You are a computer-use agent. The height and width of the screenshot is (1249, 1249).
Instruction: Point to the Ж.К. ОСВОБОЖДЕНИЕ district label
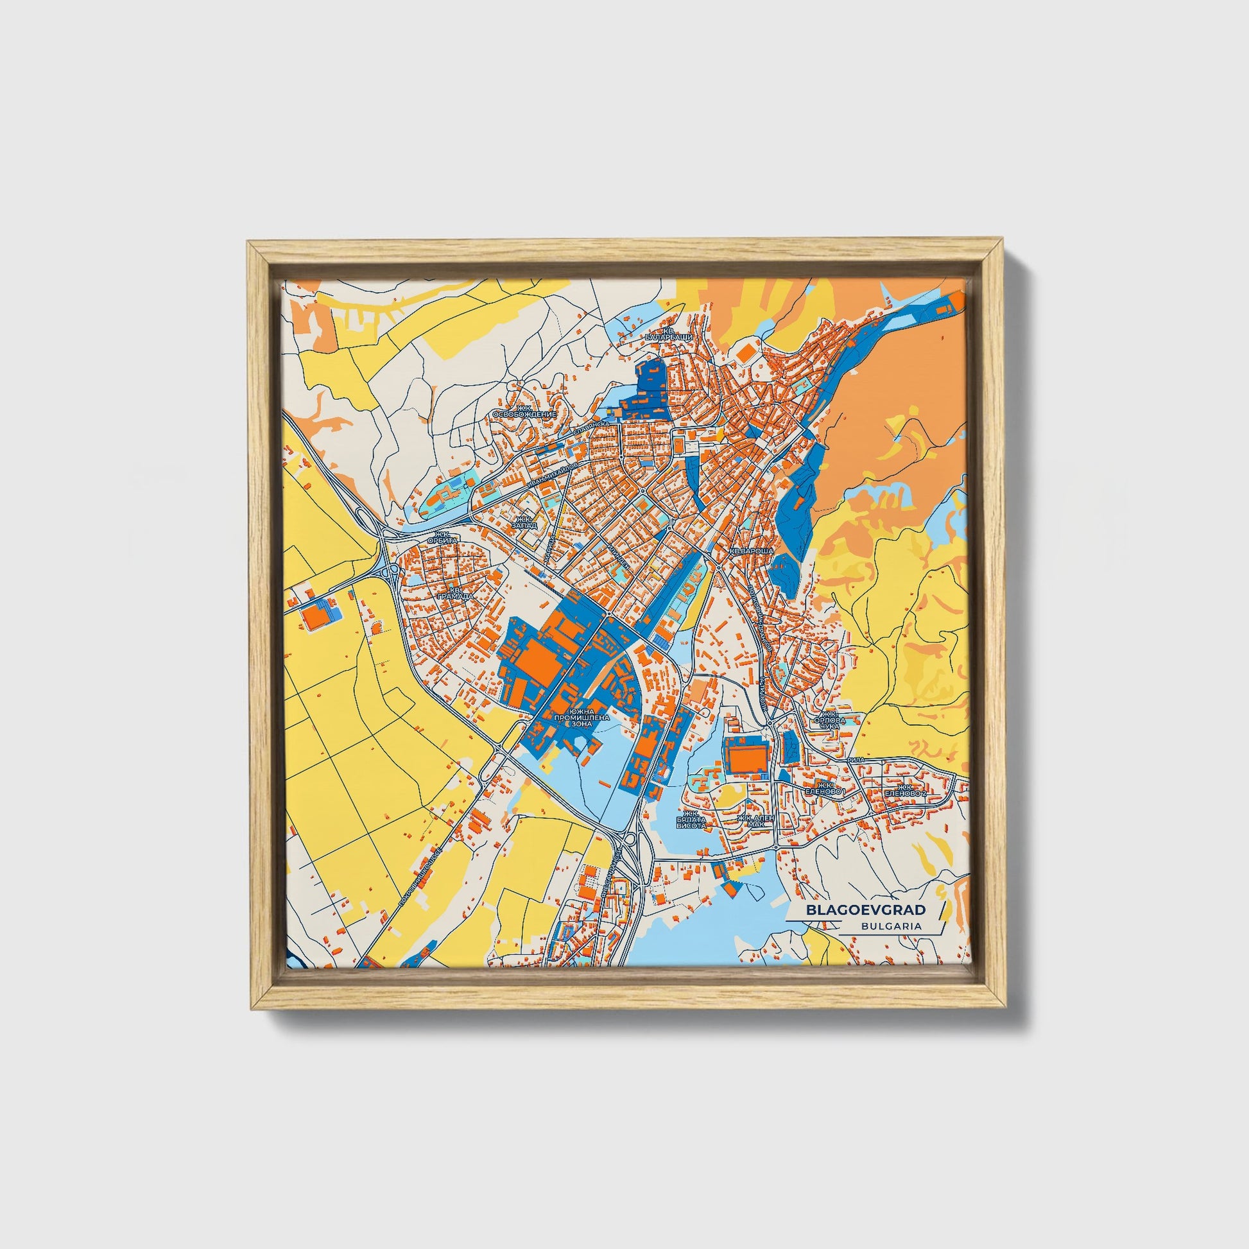[524, 411]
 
